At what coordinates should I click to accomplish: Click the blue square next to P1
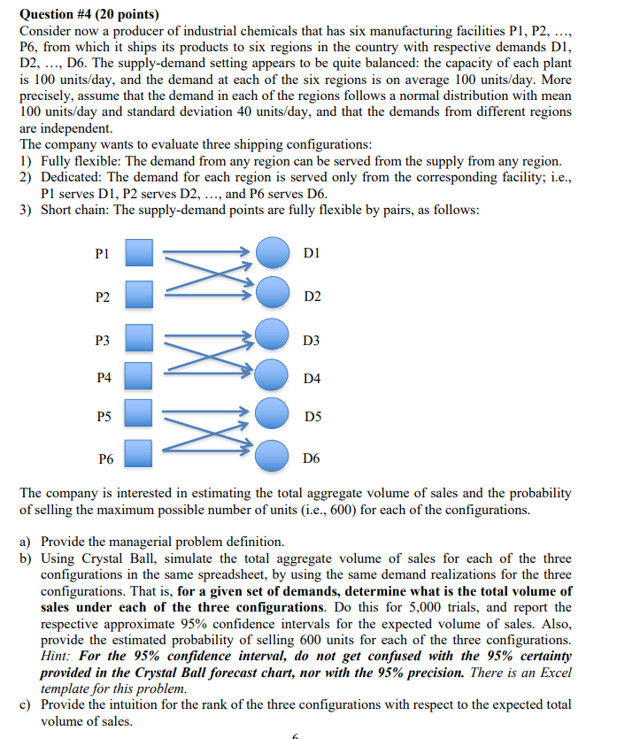point(139,253)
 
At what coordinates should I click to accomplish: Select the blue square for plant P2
point(139,294)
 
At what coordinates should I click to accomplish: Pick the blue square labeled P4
point(139,377)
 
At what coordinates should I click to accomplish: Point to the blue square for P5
point(139,414)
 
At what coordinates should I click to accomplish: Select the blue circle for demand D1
point(273,253)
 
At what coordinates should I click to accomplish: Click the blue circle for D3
point(273,336)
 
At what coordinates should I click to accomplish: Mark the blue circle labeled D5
point(273,414)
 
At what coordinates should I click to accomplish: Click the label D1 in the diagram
point(312,255)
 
